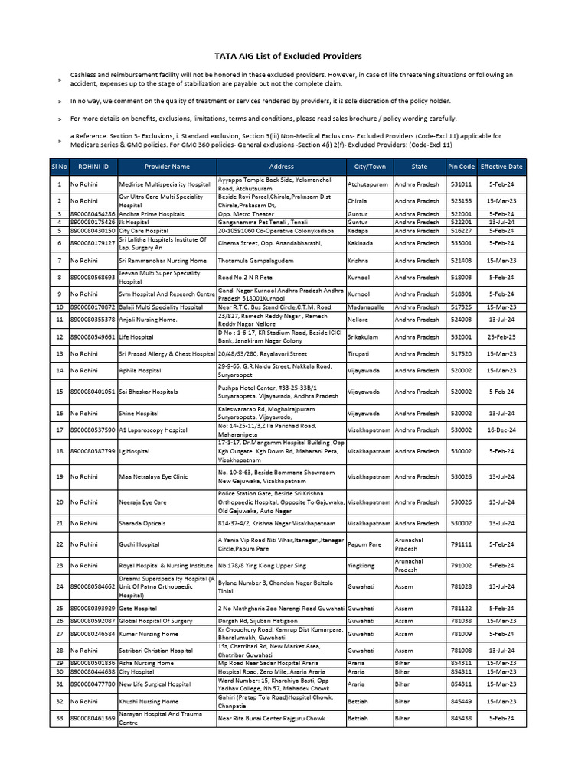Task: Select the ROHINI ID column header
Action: tap(92, 166)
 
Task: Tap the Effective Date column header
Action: tap(501, 166)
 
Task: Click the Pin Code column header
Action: tap(461, 166)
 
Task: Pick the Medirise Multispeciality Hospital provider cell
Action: tap(165, 184)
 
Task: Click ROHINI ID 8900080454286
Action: tap(93, 214)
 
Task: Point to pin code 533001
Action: tap(461, 243)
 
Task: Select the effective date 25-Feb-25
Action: tap(501, 336)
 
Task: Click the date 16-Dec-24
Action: tap(501, 430)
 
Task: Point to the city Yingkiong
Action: tap(361, 566)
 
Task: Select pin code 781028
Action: tap(461, 587)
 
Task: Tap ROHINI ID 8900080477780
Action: tap(93, 684)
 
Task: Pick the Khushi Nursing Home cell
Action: tap(149, 701)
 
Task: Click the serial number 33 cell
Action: tap(59, 719)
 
